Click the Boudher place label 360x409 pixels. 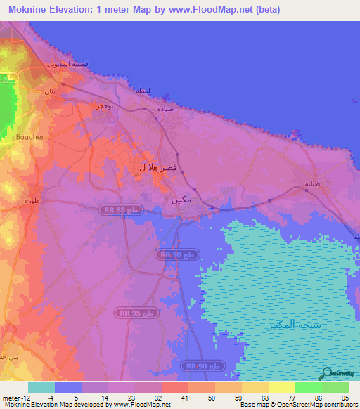click(x=30, y=137)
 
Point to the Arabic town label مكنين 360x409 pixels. click(x=181, y=200)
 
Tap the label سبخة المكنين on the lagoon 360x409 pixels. click(x=290, y=325)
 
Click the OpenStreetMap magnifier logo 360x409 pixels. click(x=327, y=373)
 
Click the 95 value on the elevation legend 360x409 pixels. click(x=344, y=397)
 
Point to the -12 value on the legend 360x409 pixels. click(x=25, y=397)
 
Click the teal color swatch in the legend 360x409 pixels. click(x=41, y=387)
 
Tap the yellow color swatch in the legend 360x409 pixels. click(x=281, y=387)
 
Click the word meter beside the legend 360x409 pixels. click(x=11, y=397)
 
